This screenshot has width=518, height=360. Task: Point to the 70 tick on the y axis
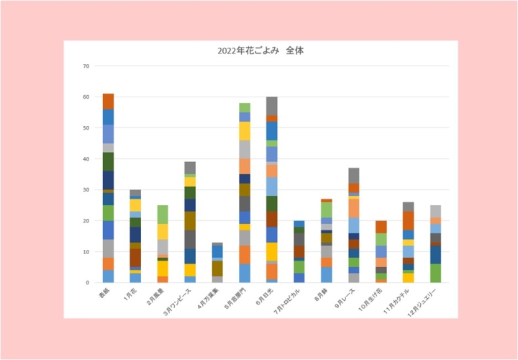pyautogui.click(x=86, y=66)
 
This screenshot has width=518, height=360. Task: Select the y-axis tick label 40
pyautogui.click(x=86, y=159)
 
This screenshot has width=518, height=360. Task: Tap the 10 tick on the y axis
pyautogui.click(x=86, y=252)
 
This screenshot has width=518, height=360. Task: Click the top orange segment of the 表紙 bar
pyautogui.click(x=109, y=101)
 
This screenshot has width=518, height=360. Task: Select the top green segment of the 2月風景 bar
pyautogui.click(x=163, y=214)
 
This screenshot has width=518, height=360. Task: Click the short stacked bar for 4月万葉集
pyautogui.click(x=217, y=263)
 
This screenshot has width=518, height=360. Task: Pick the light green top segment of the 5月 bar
pyautogui.click(x=245, y=107)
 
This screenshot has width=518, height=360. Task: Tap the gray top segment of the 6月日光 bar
pyautogui.click(x=272, y=106)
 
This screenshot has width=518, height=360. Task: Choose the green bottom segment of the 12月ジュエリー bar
pyautogui.click(x=436, y=274)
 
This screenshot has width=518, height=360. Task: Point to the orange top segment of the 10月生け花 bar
pyautogui.click(x=381, y=227)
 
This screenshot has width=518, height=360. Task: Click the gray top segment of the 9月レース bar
pyautogui.click(x=354, y=175)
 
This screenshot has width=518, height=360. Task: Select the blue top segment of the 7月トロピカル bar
pyautogui.click(x=299, y=224)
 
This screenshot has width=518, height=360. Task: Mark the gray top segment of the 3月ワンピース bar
pyautogui.click(x=190, y=168)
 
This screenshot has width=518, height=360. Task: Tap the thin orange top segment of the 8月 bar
pyautogui.click(x=327, y=200)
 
